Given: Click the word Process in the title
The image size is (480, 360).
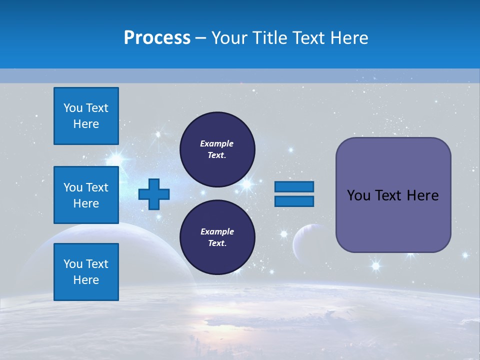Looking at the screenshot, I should [157, 38].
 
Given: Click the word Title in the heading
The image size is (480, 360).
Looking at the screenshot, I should [268, 38].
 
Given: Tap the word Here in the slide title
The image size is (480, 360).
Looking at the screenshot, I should [348, 38].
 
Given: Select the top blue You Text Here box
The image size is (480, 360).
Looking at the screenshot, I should [86, 116].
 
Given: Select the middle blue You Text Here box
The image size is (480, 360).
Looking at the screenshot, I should [86, 195].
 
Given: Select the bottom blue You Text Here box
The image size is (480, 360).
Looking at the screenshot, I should [86, 271].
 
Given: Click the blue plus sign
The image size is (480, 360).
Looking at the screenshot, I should [154, 194].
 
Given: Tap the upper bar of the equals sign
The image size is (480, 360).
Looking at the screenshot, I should [294, 186].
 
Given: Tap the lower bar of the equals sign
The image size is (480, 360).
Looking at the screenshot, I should [294, 201].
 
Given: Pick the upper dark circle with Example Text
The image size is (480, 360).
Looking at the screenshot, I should [217, 149].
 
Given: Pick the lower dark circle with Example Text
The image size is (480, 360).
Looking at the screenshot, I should [217, 237].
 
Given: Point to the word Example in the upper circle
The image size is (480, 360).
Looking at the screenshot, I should [216, 143].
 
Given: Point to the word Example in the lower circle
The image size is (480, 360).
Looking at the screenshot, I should [216, 231].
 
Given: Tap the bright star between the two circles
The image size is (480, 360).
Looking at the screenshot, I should [246, 184].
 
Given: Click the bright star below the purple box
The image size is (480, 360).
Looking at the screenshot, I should [376, 265].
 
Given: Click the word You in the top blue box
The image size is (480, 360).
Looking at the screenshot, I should [73, 108].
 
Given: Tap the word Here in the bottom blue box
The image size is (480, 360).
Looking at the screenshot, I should [86, 280].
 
